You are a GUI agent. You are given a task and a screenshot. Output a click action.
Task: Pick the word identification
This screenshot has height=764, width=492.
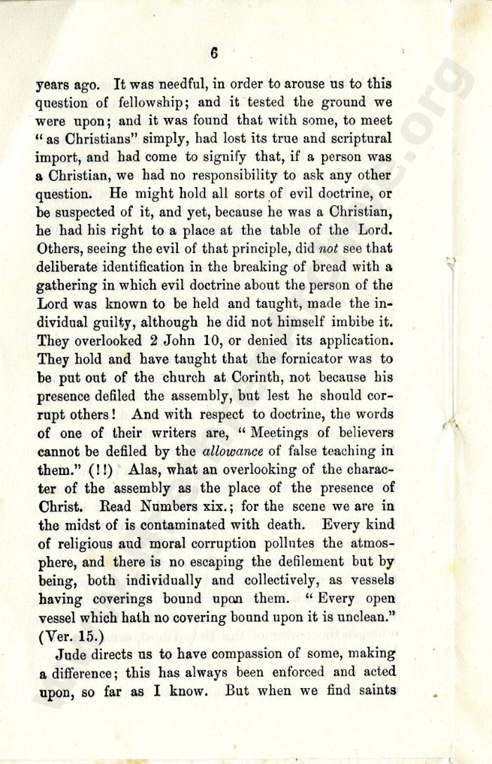[145, 266]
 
